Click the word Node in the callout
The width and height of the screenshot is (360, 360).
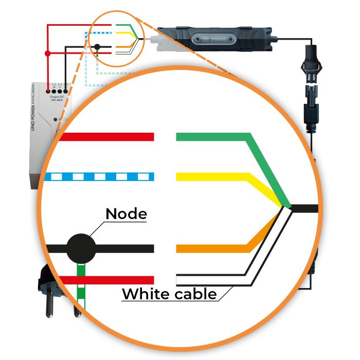point(126,213)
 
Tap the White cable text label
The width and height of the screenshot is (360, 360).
point(169,295)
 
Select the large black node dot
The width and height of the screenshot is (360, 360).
point(81,248)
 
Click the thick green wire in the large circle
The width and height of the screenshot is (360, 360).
point(216,137)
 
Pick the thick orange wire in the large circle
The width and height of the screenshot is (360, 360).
point(211,249)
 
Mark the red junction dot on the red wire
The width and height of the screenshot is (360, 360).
point(47,53)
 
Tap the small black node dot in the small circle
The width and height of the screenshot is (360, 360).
point(97,47)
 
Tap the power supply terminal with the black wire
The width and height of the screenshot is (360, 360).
point(65,91)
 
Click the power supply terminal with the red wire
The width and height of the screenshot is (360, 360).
point(48,91)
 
